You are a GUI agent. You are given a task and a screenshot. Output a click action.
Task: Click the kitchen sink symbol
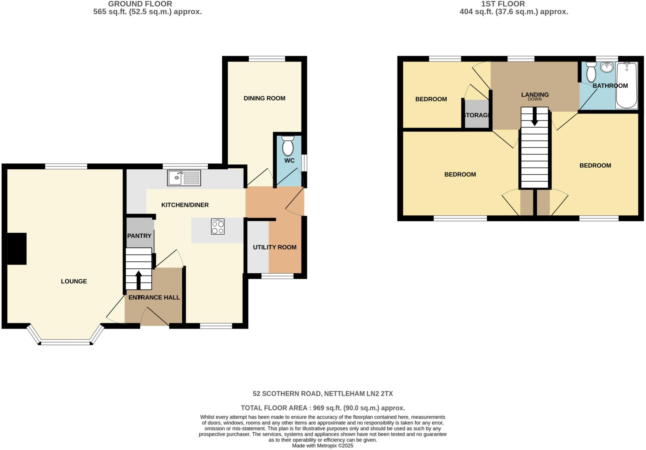[x=184, y=178]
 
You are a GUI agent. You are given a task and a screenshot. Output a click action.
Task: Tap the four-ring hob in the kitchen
[x=218, y=226]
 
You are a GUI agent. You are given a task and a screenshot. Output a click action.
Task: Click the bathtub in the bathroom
[x=627, y=85]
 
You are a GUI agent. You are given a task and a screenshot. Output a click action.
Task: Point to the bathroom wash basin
[x=607, y=67]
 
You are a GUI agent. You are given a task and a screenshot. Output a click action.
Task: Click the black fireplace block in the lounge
[x=17, y=248]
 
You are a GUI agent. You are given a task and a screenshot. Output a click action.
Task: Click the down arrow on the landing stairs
[x=534, y=117]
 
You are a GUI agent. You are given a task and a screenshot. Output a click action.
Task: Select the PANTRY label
[x=139, y=236]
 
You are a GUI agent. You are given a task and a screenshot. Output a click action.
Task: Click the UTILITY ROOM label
[x=274, y=247]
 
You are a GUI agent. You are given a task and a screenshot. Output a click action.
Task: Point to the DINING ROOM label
[x=264, y=98]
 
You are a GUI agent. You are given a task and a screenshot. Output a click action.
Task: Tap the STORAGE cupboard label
[x=477, y=115]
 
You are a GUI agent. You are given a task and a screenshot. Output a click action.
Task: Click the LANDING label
[x=535, y=94]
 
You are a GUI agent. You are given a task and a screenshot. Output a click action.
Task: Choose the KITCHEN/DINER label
[x=185, y=205]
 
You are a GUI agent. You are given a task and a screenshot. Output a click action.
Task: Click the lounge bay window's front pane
[x=65, y=342]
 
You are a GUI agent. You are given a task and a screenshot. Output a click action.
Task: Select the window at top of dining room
[x=267, y=59]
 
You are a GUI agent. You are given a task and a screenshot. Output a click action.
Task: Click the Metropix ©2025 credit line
[x=322, y=446]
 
